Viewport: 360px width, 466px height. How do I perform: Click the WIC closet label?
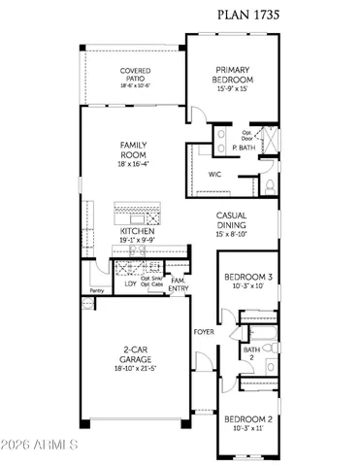(x=215, y=175)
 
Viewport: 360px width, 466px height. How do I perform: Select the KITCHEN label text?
(x=135, y=233)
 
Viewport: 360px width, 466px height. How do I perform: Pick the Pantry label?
(x=96, y=290)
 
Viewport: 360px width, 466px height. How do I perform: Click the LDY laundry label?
(x=131, y=283)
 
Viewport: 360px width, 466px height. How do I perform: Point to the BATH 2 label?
(x=251, y=353)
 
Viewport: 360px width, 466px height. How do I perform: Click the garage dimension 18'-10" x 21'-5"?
(x=132, y=370)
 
